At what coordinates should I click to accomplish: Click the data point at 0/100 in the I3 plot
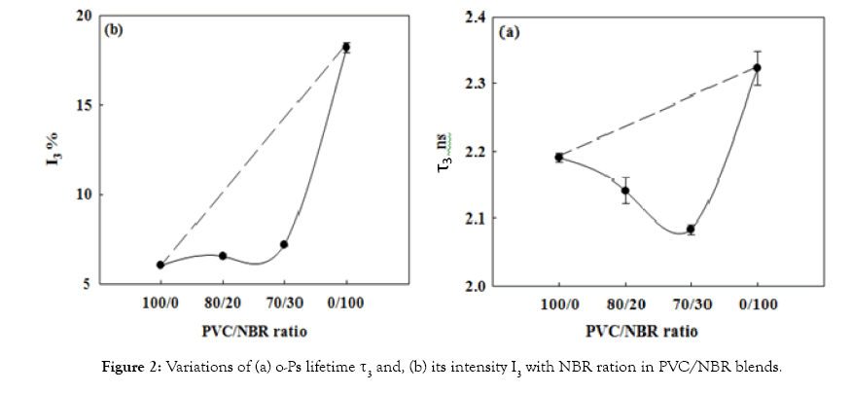point(345,47)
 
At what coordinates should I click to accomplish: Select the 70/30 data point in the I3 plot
point(284,244)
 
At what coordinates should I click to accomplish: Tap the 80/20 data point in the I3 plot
point(223,256)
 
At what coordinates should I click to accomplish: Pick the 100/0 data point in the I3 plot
point(160,265)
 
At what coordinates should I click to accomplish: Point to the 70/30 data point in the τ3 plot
point(691,230)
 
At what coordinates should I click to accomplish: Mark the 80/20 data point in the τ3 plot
point(624,191)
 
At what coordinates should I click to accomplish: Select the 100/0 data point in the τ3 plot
point(559,157)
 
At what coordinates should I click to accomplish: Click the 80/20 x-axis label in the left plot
point(223,304)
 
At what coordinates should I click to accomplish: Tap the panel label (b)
point(114,29)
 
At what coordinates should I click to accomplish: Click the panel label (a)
point(510,32)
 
